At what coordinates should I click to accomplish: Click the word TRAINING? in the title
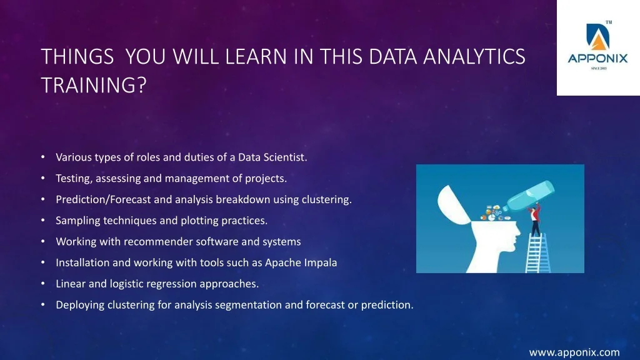tap(94, 85)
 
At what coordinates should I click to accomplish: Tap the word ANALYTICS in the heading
tap(474, 56)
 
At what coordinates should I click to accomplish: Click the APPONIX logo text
tap(597, 59)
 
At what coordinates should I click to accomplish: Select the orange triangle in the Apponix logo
tap(598, 42)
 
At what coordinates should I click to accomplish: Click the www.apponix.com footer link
tap(574, 352)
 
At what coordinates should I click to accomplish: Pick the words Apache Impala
tap(301, 263)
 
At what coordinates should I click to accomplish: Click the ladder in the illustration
tap(537, 253)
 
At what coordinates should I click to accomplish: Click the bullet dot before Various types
tap(43, 157)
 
